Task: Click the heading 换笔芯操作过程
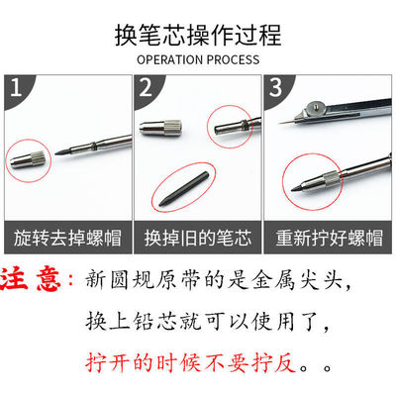[198, 37]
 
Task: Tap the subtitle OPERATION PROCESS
[198, 59]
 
